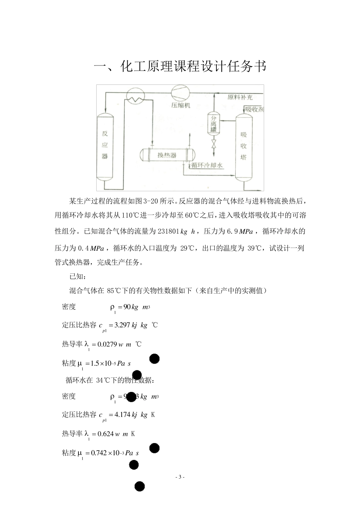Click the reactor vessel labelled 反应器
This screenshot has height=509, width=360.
tap(105, 146)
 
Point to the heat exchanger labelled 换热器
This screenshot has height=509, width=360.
tap(167, 155)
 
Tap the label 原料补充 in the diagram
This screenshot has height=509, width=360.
tap(241, 97)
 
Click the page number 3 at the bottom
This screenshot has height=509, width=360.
tap(180, 477)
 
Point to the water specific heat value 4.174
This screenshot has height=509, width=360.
tap(122, 414)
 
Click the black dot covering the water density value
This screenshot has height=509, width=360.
tap(131, 397)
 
